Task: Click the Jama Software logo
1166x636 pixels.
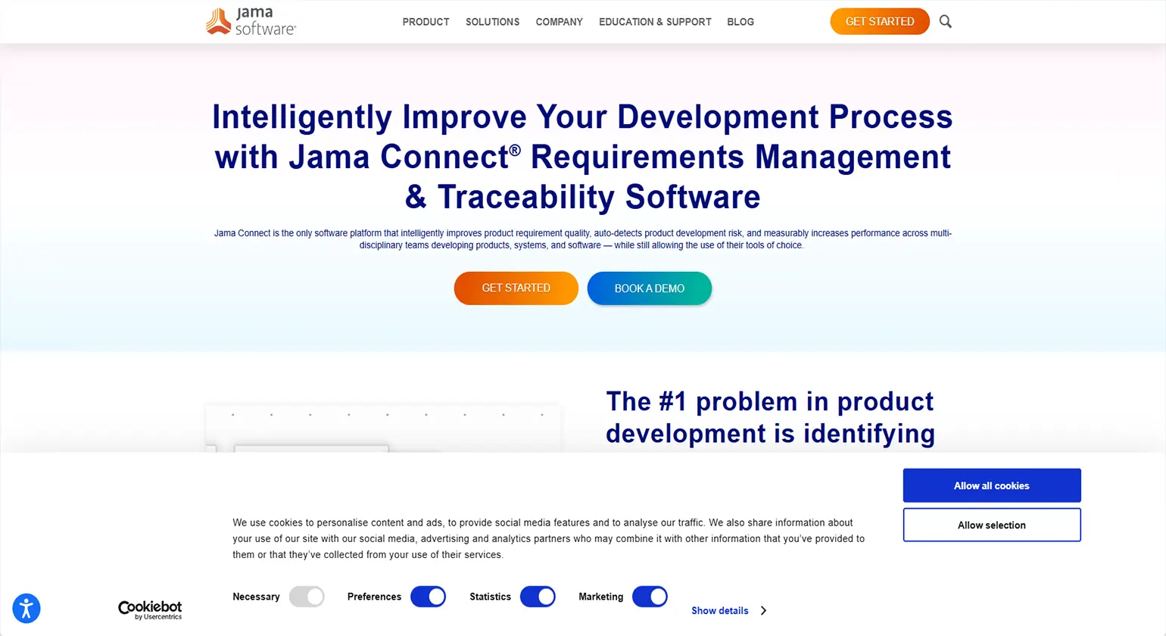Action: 251,21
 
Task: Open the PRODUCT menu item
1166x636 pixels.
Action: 426,22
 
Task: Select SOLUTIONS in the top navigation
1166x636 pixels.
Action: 492,22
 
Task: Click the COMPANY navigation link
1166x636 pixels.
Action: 559,22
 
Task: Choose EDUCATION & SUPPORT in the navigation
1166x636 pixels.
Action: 655,22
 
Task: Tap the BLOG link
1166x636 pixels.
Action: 740,22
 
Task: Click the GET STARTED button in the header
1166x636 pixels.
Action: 879,21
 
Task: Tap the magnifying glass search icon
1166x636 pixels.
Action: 945,21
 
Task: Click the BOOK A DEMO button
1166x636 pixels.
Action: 649,288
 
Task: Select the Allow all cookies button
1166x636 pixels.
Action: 991,485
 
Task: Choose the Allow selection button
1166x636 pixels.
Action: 991,525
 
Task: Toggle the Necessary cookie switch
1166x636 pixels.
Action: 307,597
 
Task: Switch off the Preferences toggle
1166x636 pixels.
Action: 428,597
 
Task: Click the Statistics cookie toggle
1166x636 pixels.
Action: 538,597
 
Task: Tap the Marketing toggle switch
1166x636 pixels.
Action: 650,597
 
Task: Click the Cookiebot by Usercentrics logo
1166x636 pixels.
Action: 150,609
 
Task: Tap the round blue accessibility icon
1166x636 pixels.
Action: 26,608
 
